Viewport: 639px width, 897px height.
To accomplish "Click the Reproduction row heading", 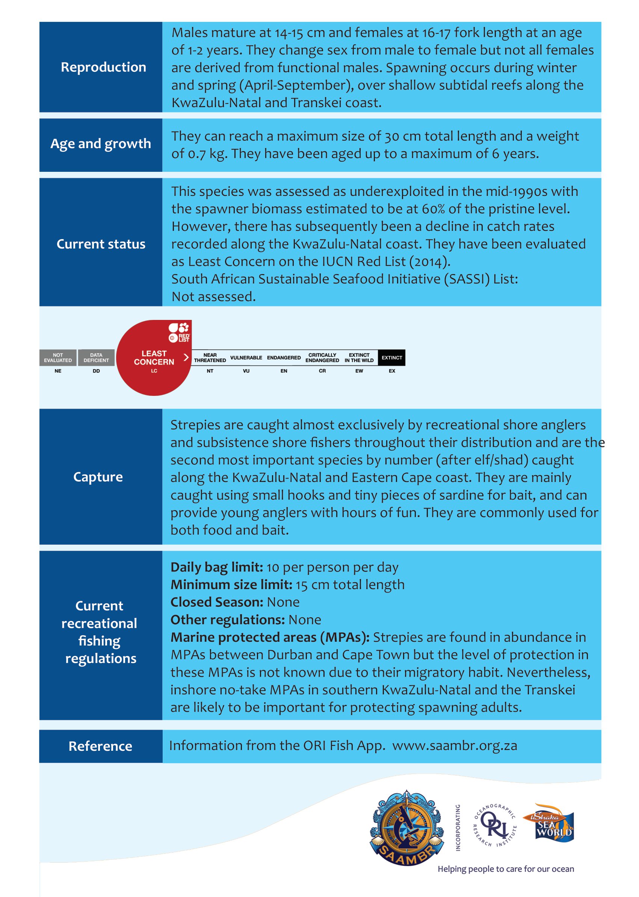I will [x=103, y=67].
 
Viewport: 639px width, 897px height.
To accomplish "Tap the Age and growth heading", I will [x=101, y=144].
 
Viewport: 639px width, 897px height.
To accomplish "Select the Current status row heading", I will [x=101, y=244].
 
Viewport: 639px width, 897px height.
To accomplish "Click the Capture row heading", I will [x=98, y=477].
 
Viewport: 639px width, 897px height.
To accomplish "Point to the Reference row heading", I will [x=100, y=746].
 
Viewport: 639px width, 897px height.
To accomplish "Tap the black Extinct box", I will [x=391, y=358].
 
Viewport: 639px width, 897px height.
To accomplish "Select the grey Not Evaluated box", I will [x=58, y=358].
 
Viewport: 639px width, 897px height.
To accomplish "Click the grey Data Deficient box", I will [x=96, y=358].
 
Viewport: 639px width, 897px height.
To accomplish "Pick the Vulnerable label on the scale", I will [x=246, y=358].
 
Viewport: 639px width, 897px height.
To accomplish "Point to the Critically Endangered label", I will [x=322, y=358].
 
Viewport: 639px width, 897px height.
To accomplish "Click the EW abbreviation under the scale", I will [x=359, y=371].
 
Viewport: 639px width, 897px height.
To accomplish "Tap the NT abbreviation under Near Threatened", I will [x=210, y=371].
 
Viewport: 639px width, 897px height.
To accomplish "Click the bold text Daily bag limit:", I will [x=217, y=567].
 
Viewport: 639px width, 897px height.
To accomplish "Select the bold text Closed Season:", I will [x=217, y=603].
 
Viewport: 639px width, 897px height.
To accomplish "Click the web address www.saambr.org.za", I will [x=455, y=746].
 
